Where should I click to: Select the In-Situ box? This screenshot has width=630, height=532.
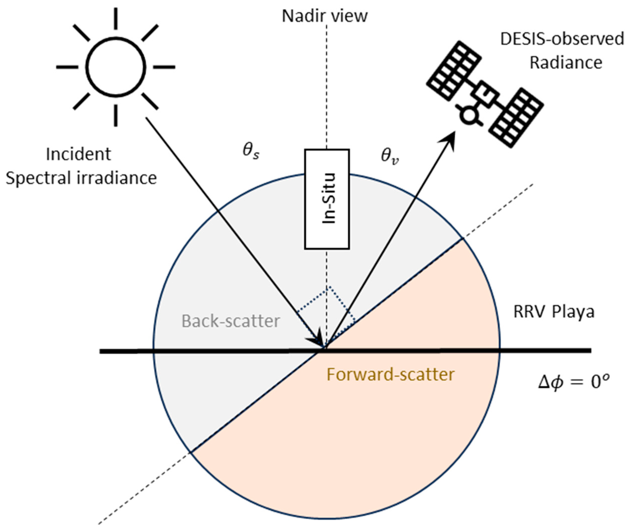coord(327,199)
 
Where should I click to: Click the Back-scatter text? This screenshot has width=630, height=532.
coord(231,321)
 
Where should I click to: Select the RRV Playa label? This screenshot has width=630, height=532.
coord(554,312)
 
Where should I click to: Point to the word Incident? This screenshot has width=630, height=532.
coord(78,154)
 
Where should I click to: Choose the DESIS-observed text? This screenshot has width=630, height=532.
coord(562,39)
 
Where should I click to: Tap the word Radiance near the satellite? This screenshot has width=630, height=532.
coord(566,63)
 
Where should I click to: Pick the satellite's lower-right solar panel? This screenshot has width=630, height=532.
coord(516,118)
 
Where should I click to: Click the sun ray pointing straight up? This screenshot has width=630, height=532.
coord(116,18)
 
